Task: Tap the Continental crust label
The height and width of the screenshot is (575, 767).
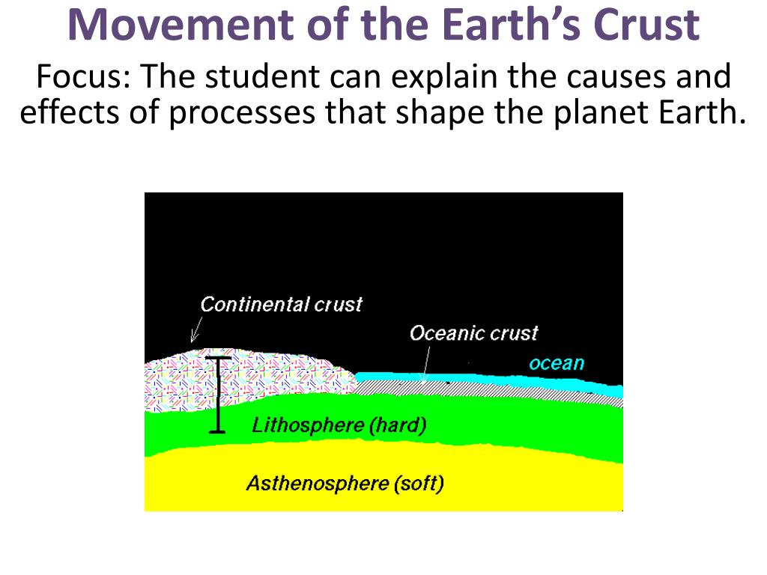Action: pos(281,305)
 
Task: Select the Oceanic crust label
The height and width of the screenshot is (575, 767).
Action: pos(473,333)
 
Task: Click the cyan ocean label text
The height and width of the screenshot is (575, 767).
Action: pos(556,364)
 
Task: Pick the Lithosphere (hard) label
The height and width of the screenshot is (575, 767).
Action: pos(339,426)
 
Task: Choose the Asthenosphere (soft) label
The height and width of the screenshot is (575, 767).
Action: pos(345,484)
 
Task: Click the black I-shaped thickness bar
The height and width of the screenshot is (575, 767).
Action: pos(217,395)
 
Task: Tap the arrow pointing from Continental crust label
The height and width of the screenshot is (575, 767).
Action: pos(198,329)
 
